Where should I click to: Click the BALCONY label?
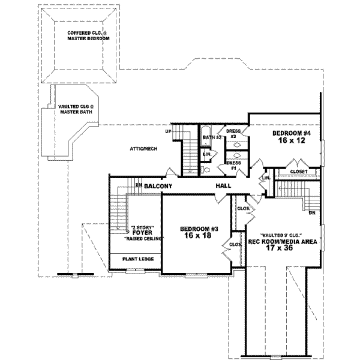(x=158, y=187)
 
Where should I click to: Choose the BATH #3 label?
(x=212, y=137)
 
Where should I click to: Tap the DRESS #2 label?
(x=233, y=133)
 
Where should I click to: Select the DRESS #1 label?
(x=233, y=165)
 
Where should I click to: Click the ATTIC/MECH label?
(x=143, y=148)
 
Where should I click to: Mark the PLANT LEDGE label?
(x=136, y=259)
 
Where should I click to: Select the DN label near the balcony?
(x=138, y=185)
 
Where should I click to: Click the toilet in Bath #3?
(x=207, y=170)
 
